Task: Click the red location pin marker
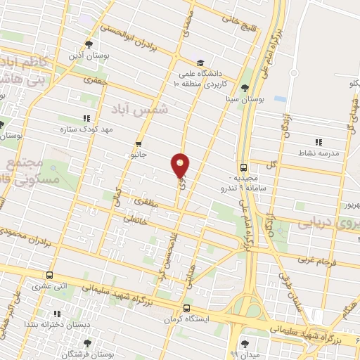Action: (180, 165)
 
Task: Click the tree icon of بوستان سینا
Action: (244, 89)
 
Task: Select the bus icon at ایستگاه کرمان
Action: (186, 308)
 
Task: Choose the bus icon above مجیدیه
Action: (243, 167)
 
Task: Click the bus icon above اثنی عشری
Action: (49, 275)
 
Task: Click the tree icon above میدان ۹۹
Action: (244, 343)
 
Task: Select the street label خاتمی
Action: (136, 218)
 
